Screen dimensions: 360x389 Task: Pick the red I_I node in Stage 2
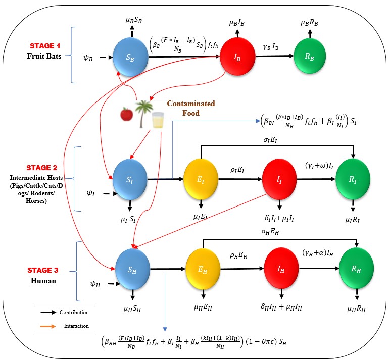[279, 179]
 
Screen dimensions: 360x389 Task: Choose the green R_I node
[353, 179]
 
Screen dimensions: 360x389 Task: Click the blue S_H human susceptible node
[132, 270]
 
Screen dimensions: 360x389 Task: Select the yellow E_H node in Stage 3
[202, 270]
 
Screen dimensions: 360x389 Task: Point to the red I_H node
[281, 270]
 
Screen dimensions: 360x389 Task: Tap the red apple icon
[125, 114]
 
